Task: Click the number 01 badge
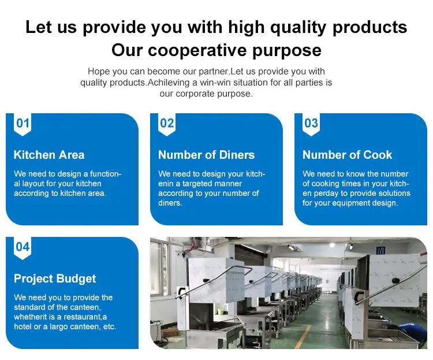click(23, 124)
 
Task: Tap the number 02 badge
click(167, 124)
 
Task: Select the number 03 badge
click(311, 124)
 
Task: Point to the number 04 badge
click(23, 248)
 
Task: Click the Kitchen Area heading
click(49, 155)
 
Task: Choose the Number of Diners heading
click(206, 155)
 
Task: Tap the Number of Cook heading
click(347, 155)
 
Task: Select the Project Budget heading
click(55, 279)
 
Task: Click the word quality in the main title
click(298, 28)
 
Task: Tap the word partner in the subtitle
click(214, 72)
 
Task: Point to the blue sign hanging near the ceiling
click(380, 251)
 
